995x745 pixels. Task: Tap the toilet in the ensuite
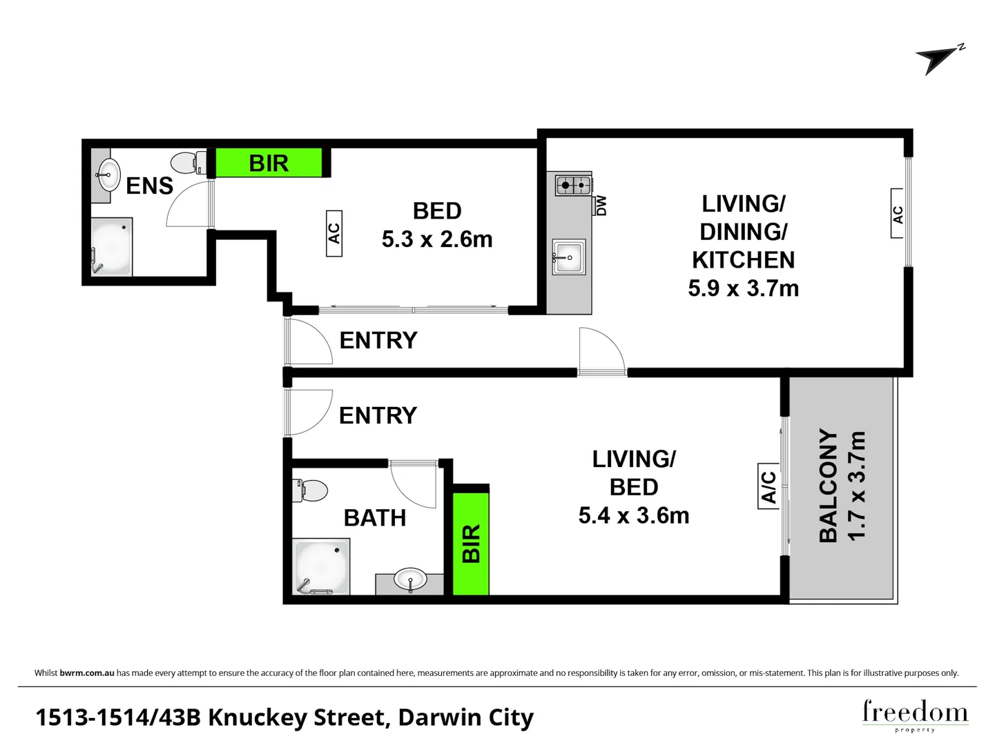point(189,162)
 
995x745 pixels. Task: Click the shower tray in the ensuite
point(111,247)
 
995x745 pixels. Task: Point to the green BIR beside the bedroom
point(269,163)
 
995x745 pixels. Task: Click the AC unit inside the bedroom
point(334,233)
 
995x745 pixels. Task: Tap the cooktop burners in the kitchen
point(573,185)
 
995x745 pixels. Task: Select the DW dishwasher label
point(601,205)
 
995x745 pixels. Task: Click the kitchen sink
point(569,257)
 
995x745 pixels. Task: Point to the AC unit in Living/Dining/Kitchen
point(898,213)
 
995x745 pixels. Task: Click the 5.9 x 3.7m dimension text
point(744,288)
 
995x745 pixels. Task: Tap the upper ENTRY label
point(378,340)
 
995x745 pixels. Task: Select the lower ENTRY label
point(378,415)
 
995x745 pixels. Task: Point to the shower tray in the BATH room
point(321,566)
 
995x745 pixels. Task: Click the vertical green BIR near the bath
point(471,544)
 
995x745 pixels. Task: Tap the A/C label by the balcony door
point(769,486)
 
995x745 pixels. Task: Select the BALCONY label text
point(829,485)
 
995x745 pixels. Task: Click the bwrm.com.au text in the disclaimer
point(87,673)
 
